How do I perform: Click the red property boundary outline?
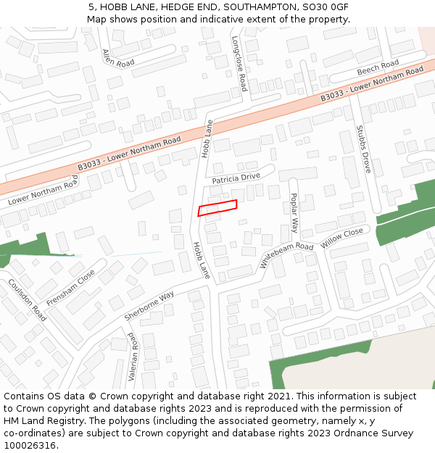point(217,208)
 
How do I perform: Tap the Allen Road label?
point(118,58)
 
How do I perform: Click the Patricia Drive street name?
point(236,178)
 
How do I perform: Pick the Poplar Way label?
point(294,212)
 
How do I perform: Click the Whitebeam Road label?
point(286,256)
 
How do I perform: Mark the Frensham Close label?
point(70,287)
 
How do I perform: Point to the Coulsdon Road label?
point(27,299)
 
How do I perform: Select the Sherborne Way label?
point(149,306)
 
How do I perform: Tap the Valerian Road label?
point(133,357)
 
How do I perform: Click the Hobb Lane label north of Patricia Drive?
point(207,139)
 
